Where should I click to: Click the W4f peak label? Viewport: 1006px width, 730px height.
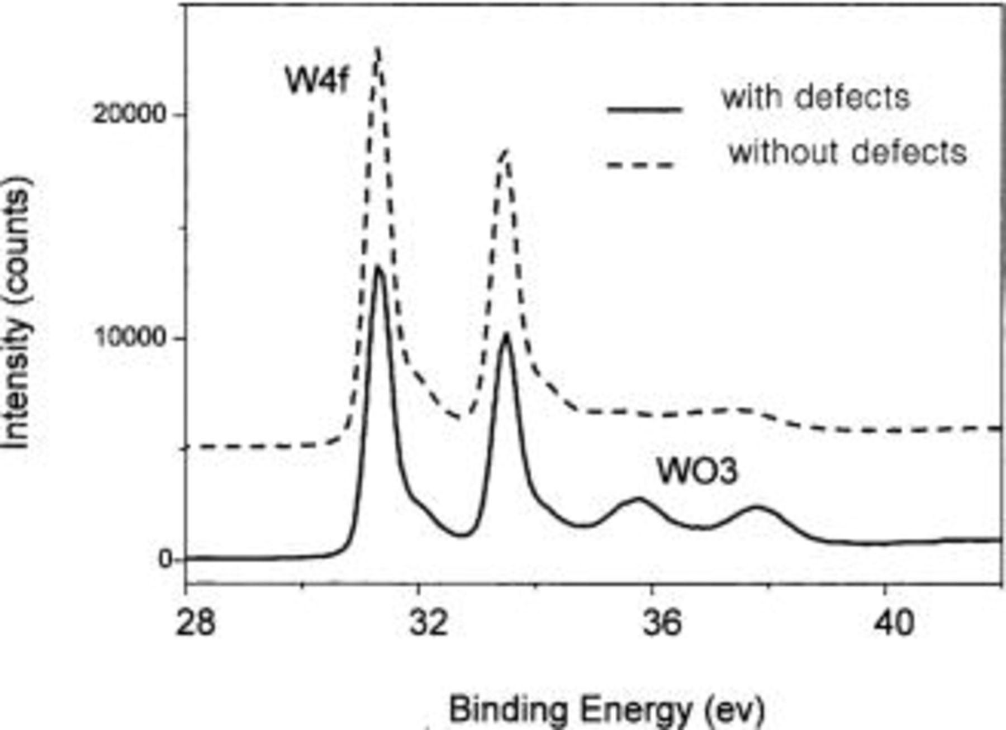tap(317, 81)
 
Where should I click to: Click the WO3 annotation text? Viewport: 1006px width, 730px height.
tap(697, 471)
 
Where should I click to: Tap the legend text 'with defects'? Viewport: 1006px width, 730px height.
tap(816, 97)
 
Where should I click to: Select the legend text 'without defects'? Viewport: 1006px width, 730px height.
tap(848, 151)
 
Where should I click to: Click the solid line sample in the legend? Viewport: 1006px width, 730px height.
tap(644, 109)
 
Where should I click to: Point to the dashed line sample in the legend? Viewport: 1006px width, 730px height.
tap(641, 165)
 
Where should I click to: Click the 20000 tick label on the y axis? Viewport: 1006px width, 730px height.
tap(130, 113)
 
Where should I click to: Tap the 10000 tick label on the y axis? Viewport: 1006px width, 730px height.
tap(130, 337)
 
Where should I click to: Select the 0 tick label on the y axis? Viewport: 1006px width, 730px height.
tap(164, 558)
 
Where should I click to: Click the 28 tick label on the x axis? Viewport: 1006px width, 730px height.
tap(195, 622)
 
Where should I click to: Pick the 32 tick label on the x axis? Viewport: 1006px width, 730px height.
tap(429, 622)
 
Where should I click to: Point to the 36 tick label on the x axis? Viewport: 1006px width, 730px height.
tap(662, 622)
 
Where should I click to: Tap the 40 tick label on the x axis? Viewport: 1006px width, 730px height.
tap(895, 622)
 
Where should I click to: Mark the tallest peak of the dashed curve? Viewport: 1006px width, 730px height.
tap(378, 50)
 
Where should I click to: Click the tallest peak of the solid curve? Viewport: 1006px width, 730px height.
tap(379, 268)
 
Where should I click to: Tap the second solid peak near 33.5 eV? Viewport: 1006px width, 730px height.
tap(506, 334)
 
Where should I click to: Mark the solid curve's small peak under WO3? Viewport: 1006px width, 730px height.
tap(638, 498)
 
